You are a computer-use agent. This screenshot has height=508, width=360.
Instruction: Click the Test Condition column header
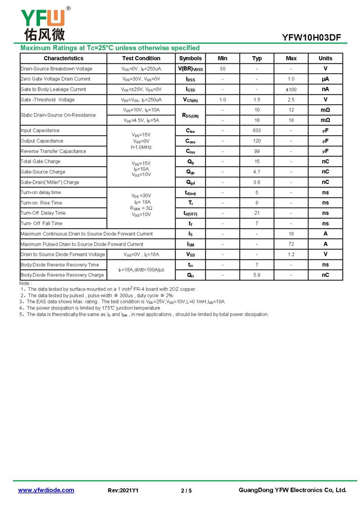coord(141,58)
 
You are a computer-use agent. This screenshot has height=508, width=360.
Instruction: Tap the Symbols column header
coord(190,58)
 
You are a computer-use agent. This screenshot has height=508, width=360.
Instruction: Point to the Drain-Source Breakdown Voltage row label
coord(56,69)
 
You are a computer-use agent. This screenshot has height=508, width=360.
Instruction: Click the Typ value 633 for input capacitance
coord(257,131)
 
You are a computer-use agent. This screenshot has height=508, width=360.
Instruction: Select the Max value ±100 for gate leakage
coord(291,89)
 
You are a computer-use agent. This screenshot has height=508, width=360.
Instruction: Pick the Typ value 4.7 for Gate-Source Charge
coord(257,172)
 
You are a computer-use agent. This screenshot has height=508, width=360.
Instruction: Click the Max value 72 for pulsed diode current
coord(291,244)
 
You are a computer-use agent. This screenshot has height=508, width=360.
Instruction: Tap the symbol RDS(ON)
coord(190,116)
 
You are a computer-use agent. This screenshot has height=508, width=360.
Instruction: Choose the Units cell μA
coord(325,79)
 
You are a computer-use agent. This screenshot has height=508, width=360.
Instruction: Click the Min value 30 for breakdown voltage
coord(222,69)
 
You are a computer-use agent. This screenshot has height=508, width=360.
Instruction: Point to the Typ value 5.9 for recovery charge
coord(257,275)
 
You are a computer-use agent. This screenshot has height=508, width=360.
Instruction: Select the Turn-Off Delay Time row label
coord(43,213)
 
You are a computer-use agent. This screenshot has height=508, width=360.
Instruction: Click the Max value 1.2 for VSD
coord(291,254)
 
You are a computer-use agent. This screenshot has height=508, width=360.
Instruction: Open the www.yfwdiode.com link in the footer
coord(46,490)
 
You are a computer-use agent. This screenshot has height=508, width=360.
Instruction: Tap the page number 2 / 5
coord(186,490)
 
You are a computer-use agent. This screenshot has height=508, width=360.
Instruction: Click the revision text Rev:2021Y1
coord(123,490)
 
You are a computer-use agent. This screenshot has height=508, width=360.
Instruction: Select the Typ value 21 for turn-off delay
coord(257,213)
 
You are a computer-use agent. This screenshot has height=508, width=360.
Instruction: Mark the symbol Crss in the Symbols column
coord(190,152)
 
